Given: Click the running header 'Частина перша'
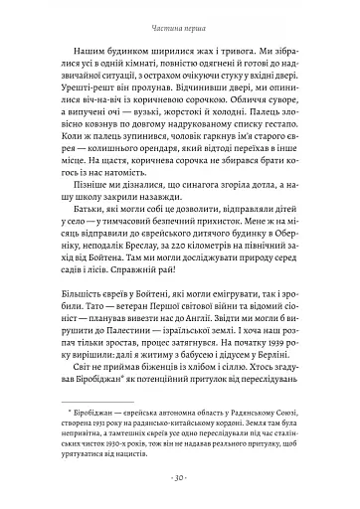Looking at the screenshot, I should tap(180, 16).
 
